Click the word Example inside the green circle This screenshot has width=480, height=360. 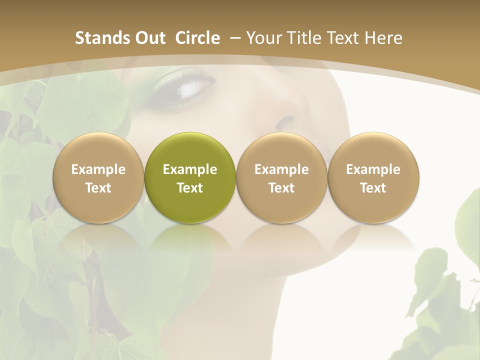[x=190, y=169]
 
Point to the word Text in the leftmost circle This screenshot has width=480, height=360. [x=98, y=188]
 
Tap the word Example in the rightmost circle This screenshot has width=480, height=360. [x=373, y=169]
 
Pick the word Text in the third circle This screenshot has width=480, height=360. [x=281, y=188]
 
